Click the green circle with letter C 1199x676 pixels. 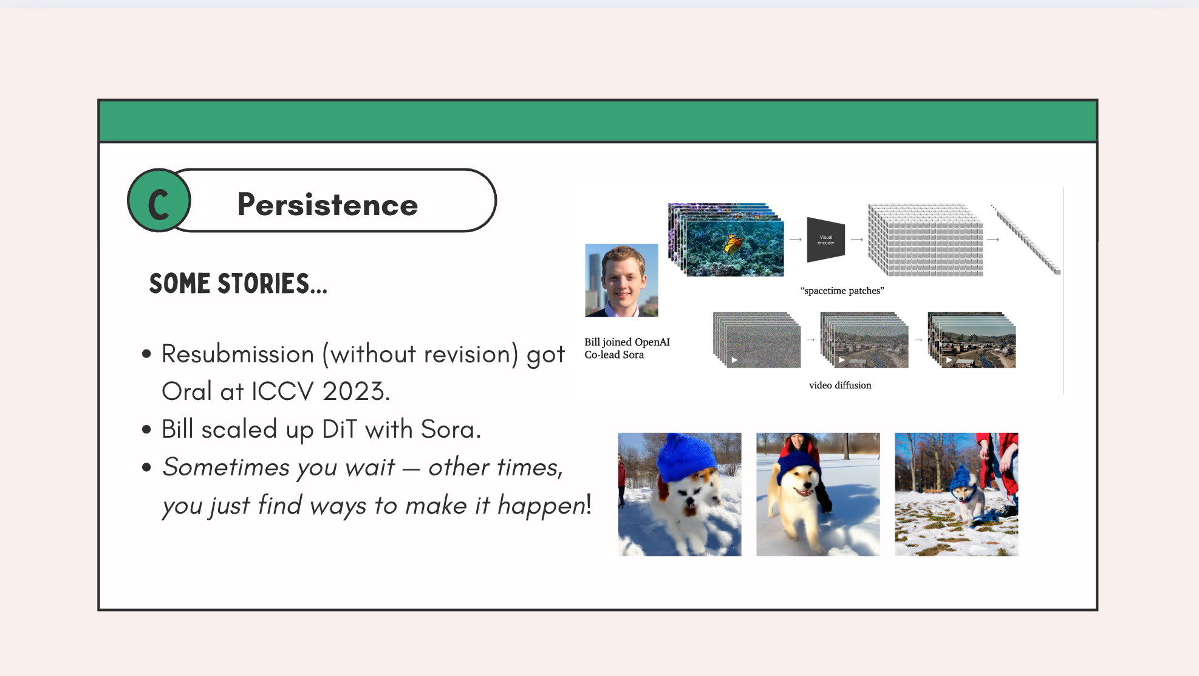click(159, 201)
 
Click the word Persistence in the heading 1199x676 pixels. click(327, 204)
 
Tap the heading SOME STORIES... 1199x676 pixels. click(238, 283)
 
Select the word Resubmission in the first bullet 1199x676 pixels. click(237, 354)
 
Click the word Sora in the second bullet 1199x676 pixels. click(451, 429)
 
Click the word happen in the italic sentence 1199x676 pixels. click(542, 505)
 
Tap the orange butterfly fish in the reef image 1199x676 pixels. click(734, 244)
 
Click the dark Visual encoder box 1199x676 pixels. click(825, 240)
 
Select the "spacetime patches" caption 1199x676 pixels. click(842, 291)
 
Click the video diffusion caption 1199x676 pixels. click(840, 385)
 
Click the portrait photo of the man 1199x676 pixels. click(621, 280)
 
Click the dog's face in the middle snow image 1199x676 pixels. click(800, 481)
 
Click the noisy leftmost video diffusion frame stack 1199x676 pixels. click(757, 340)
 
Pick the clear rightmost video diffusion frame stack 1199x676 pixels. click(972, 340)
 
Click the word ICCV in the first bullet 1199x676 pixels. click(282, 391)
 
